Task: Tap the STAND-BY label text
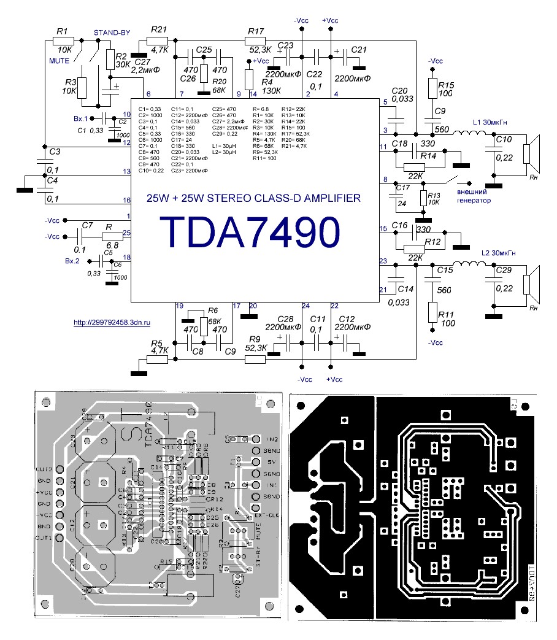click(110, 32)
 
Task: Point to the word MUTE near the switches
click(60, 61)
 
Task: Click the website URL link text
click(112, 322)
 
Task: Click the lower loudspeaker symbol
click(529, 283)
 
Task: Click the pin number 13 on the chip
click(127, 172)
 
